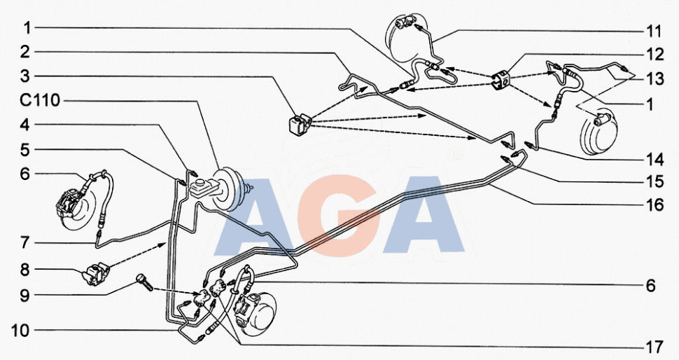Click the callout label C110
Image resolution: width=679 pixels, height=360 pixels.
40,100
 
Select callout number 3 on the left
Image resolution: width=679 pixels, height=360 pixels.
25,76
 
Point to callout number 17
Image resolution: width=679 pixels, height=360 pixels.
654,347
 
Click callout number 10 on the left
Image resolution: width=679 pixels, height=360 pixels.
20,331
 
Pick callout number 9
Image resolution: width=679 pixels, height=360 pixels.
25,296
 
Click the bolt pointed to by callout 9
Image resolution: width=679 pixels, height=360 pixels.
145,281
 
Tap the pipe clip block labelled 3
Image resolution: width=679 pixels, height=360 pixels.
300,125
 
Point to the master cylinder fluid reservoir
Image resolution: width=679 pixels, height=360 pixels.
203,188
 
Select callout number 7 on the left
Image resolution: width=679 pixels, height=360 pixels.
25,242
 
